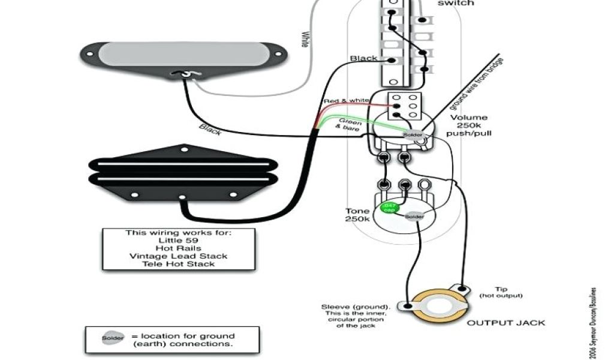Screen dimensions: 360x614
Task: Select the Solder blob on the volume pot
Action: pos(413,135)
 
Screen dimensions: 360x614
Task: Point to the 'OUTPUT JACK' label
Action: pos(506,323)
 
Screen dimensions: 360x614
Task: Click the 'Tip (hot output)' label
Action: pos(501,292)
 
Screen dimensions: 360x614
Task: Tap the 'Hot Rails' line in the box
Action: pos(177,248)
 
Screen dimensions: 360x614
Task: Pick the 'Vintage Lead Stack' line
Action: pos(177,256)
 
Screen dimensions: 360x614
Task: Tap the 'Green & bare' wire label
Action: pos(350,124)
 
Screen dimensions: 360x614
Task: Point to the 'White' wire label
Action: pos(305,40)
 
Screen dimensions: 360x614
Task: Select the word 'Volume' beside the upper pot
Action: pos(469,118)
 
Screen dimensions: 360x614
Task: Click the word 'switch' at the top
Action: pos(456,3)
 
